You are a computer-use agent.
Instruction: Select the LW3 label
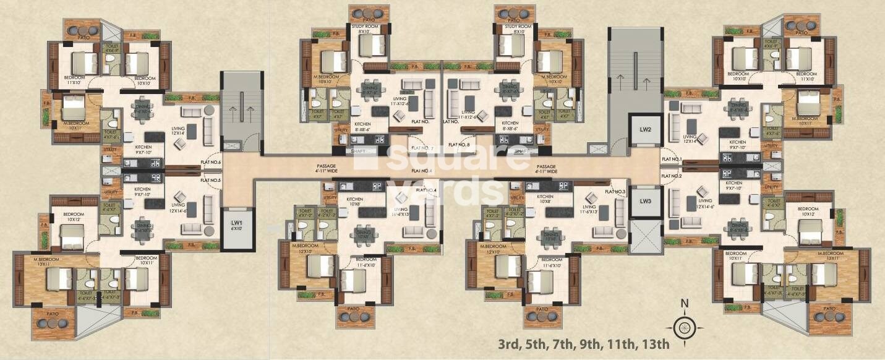click(x=646, y=201)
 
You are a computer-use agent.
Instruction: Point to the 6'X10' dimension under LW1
click(x=237, y=228)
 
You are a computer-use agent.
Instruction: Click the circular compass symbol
click(x=683, y=327)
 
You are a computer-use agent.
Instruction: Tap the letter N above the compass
click(x=684, y=303)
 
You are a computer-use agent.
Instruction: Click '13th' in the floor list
click(x=656, y=344)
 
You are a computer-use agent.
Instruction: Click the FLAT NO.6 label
click(x=211, y=162)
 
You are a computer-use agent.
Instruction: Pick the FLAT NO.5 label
click(x=211, y=181)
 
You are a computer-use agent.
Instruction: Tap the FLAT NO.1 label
click(x=671, y=160)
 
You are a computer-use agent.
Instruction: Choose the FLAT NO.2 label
click(x=671, y=176)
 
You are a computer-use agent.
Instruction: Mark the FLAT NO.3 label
click(x=615, y=192)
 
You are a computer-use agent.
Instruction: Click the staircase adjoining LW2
click(x=628, y=87)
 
